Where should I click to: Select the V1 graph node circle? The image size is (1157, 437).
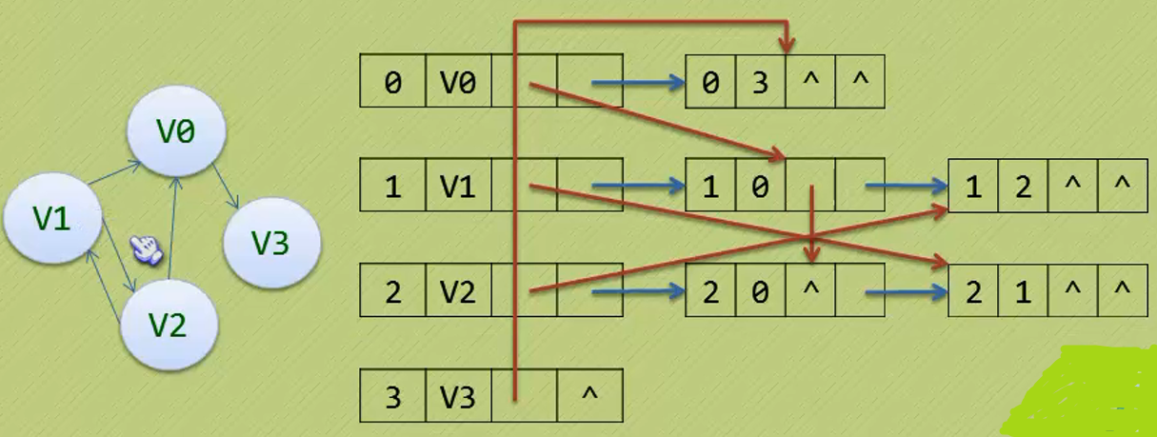click(53, 219)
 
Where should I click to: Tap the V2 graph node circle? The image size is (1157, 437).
click(170, 326)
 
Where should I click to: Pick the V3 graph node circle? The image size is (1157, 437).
click(270, 245)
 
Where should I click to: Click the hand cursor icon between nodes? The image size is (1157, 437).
click(147, 248)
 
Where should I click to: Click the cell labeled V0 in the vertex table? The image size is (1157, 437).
click(457, 82)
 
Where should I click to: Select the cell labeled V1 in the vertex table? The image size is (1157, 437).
click(457, 186)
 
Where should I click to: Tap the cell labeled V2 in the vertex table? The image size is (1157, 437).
click(457, 290)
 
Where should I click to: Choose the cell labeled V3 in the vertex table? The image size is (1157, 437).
click(457, 395)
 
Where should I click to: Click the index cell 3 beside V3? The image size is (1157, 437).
click(392, 395)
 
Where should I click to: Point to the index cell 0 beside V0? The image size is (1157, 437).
click(392, 82)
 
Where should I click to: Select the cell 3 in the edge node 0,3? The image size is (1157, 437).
click(760, 82)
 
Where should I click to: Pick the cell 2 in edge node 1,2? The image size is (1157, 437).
click(1023, 186)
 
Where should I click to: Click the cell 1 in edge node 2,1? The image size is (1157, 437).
click(1023, 290)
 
